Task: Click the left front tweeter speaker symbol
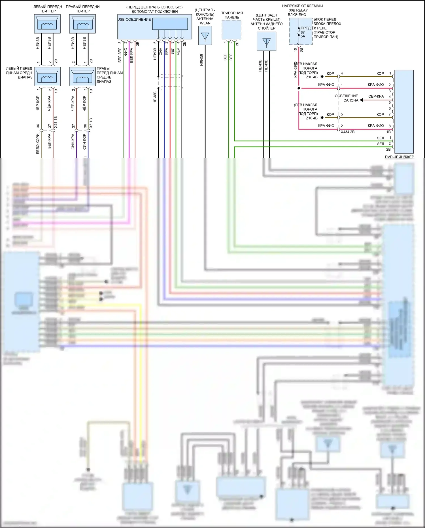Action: tap(47, 24)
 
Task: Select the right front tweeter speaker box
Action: tap(82, 24)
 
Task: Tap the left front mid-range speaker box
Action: tap(47, 76)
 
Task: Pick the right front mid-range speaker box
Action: tap(82, 76)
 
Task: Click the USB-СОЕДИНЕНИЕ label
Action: tap(134, 20)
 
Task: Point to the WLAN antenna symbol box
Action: tap(205, 36)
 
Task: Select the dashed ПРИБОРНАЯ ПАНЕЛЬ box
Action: tap(231, 30)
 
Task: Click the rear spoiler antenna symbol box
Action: tap(266, 41)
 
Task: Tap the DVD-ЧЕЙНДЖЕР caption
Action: tap(399, 157)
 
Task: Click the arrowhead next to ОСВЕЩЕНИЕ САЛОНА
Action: tap(362, 100)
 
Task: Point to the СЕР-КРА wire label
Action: tap(376, 96)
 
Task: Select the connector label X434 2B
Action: tap(347, 132)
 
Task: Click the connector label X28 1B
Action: tap(56, 122)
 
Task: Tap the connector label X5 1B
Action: tap(91, 123)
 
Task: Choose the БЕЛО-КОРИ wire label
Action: tap(38, 144)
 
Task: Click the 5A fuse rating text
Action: tap(303, 36)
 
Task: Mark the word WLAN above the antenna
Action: tap(205, 23)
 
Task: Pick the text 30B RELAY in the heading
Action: tap(298, 10)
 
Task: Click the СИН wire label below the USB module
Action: tap(161, 51)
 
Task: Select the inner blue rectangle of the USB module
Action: tap(170, 24)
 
